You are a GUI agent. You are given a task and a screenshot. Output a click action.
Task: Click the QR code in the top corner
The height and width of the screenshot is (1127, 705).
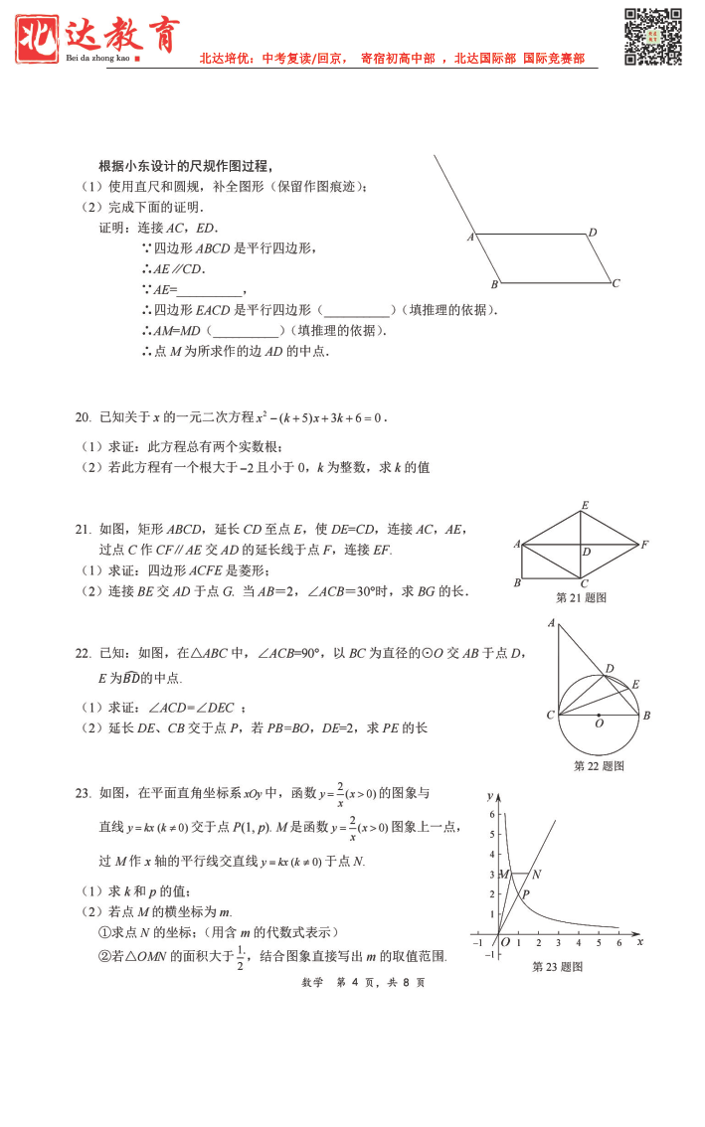[x=653, y=36]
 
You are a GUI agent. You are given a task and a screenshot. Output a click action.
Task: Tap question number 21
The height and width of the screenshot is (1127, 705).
[x=83, y=530]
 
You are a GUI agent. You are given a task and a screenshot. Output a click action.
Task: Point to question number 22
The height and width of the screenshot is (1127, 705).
[x=83, y=653]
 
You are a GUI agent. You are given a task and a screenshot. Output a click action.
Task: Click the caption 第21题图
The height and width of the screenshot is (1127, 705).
[x=581, y=598]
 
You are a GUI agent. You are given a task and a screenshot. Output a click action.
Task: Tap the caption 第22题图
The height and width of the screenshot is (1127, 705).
[x=600, y=766]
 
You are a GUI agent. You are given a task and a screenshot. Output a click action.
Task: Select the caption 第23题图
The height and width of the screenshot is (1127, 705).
[x=557, y=967]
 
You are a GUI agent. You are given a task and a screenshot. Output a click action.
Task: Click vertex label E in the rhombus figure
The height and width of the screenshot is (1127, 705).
[x=585, y=506]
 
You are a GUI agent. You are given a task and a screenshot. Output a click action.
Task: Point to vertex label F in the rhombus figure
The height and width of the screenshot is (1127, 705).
[x=645, y=545]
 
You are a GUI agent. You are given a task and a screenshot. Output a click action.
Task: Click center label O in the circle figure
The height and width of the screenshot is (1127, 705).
[x=599, y=725]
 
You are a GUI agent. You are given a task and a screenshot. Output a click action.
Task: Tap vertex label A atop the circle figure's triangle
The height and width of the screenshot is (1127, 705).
[x=550, y=623]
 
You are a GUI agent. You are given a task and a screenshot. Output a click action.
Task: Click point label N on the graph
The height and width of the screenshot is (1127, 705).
[x=536, y=875]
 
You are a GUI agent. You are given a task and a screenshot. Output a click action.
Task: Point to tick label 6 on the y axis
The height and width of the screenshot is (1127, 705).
[x=491, y=814]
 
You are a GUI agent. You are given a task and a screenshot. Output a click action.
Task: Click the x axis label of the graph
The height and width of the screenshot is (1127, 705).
[x=639, y=941]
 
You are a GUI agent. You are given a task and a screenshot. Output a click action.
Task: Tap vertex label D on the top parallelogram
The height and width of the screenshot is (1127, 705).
[x=593, y=233]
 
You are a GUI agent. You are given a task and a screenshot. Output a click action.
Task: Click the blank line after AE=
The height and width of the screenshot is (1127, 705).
[x=211, y=290]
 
